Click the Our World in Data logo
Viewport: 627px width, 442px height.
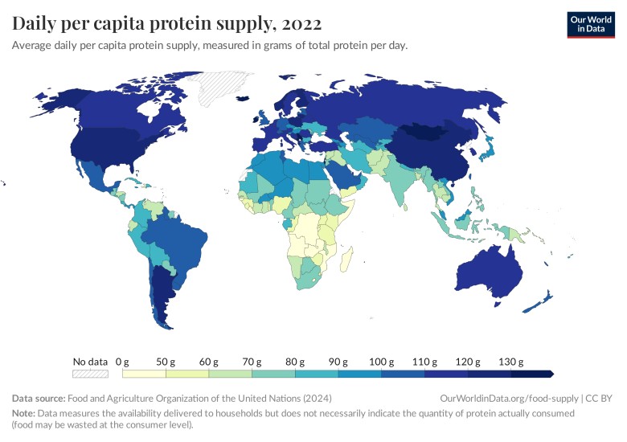click(x=591, y=24)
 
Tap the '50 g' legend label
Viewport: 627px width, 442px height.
click(x=166, y=362)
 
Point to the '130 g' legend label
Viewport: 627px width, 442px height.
click(x=510, y=362)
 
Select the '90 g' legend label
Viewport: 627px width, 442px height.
click(x=338, y=362)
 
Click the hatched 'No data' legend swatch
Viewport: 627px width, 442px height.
click(x=90, y=374)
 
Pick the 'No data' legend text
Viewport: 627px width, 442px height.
click(x=90, y=362)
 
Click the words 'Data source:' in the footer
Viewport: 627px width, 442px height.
click(x=39, y=399)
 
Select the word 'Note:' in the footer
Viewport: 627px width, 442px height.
click(x=25, y=413)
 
